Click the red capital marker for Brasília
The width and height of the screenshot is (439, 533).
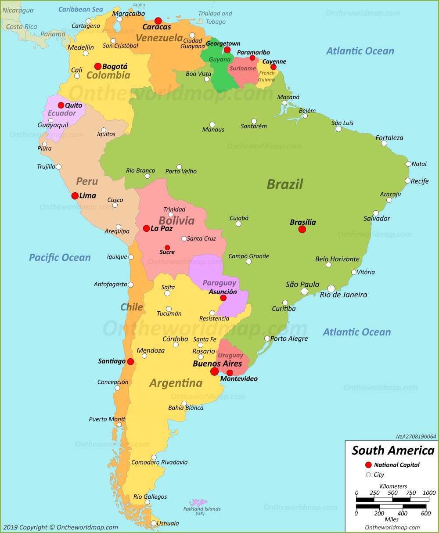coord(302,229)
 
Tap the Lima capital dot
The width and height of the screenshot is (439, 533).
coord(75,196)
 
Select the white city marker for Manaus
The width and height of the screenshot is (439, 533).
coord(212,125)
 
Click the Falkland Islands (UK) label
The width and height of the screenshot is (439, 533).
coord(202,511)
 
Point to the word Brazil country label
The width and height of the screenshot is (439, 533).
coord(284,184)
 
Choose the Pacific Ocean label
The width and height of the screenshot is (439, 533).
coord(60,258)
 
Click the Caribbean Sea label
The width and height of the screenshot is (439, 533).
coord(81,9)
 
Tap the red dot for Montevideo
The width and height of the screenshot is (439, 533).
coord(230,373)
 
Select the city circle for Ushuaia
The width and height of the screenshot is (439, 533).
coord(154,523)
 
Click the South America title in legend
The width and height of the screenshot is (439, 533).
coord(393,450)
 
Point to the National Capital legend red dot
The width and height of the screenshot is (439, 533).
coord(368,465)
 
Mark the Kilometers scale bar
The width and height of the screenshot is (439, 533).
coord(392,500)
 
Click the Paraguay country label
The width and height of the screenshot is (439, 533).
coord(219,283)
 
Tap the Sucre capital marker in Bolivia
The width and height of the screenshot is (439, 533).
coord(167,248)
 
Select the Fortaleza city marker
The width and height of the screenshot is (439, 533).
coord(384,143)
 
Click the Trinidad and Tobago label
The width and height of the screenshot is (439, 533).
coord(215,18)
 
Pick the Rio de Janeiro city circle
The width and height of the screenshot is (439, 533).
coord(331,288)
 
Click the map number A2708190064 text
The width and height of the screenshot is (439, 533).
coord(416,436)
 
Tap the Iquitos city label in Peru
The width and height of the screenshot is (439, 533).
coord(106,134)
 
